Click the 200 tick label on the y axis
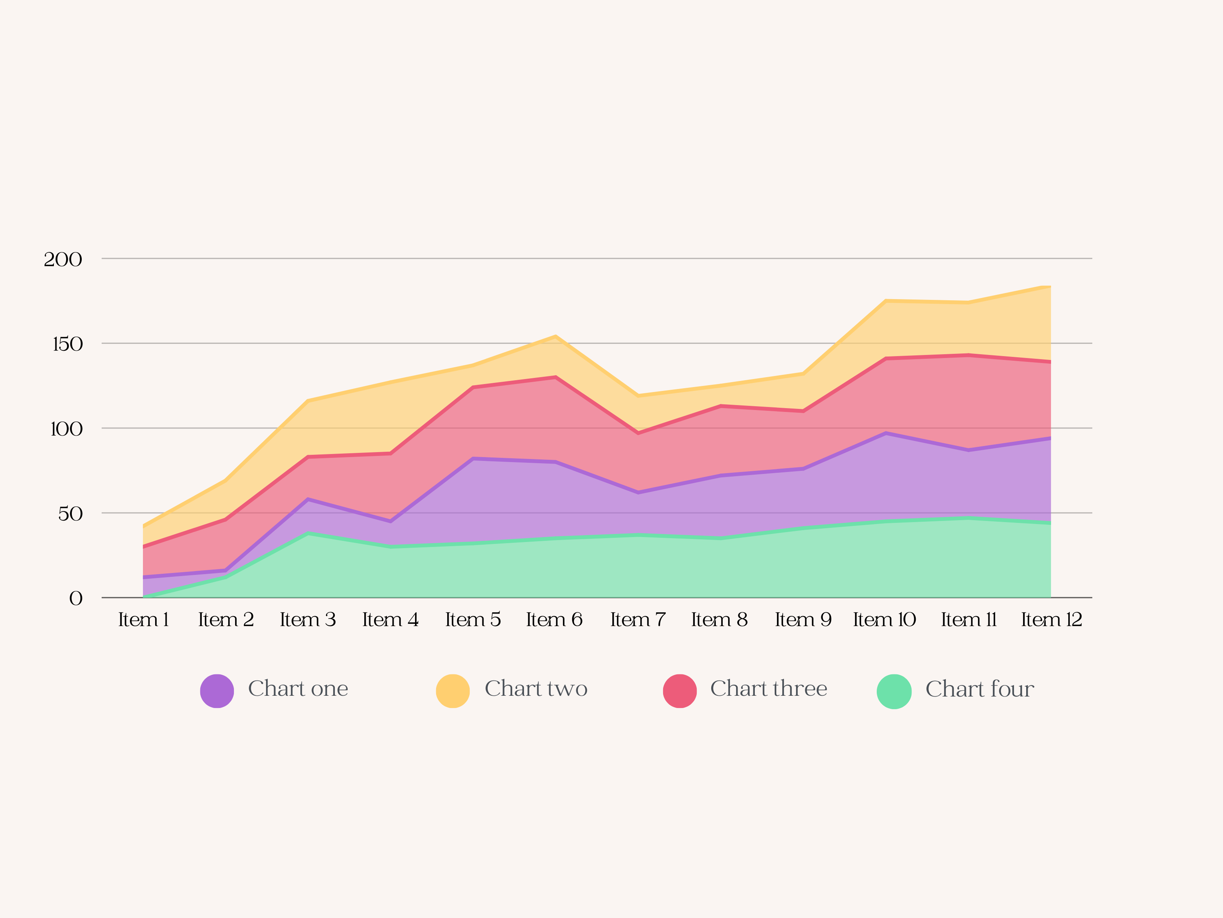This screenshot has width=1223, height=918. click(x=63, y=259)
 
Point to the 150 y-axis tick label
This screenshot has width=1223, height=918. click(x=67, y=344)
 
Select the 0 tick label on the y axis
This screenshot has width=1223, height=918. click(x=76, y=598)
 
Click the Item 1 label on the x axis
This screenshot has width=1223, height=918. click(x=143, y=620)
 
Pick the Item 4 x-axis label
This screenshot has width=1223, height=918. click(x=390, y=620)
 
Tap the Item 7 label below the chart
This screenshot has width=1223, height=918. click(x=638, y=620)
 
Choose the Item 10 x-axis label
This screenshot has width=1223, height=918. click(x=885, y=620)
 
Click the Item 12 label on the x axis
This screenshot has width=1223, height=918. click(x=1051, y=620)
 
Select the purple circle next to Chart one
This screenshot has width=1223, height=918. click(x=217, y=690)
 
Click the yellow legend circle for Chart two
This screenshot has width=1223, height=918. click(x=453, y=690)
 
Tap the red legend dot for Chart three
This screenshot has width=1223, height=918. click(x=680, y=690)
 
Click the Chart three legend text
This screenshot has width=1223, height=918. click(x=769, y=688)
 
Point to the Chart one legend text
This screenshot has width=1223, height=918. click(x=298, y=688)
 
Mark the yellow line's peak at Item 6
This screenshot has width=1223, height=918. click(x=556, y=337)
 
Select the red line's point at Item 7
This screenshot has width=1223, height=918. click(x=638, y=433)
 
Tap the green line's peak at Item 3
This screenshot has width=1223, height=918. click(x=308, y=534)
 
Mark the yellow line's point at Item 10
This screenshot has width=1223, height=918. click(x=886, y=301)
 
